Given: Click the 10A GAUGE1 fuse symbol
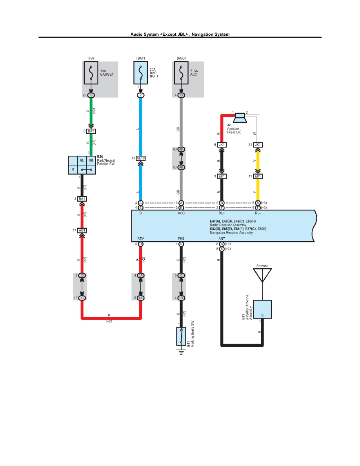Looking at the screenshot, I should [91, 73].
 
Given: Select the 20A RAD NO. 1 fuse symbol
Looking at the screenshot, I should [141, 73].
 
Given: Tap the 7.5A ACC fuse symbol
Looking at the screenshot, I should [181, 73].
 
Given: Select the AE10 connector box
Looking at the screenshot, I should [141, 158].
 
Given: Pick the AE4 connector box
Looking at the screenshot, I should [82, 230].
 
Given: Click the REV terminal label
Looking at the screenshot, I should [140, 238].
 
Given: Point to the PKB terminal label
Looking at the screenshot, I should [181, 238].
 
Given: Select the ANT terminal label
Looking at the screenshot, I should [222, 238].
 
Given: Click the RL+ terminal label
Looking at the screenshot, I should [222, 213].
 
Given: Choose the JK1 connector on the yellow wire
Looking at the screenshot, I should [258, 145].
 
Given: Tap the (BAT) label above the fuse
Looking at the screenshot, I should [141, 58].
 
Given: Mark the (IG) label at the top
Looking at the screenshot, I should [91, 58].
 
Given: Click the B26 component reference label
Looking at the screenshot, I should [100, 156].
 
